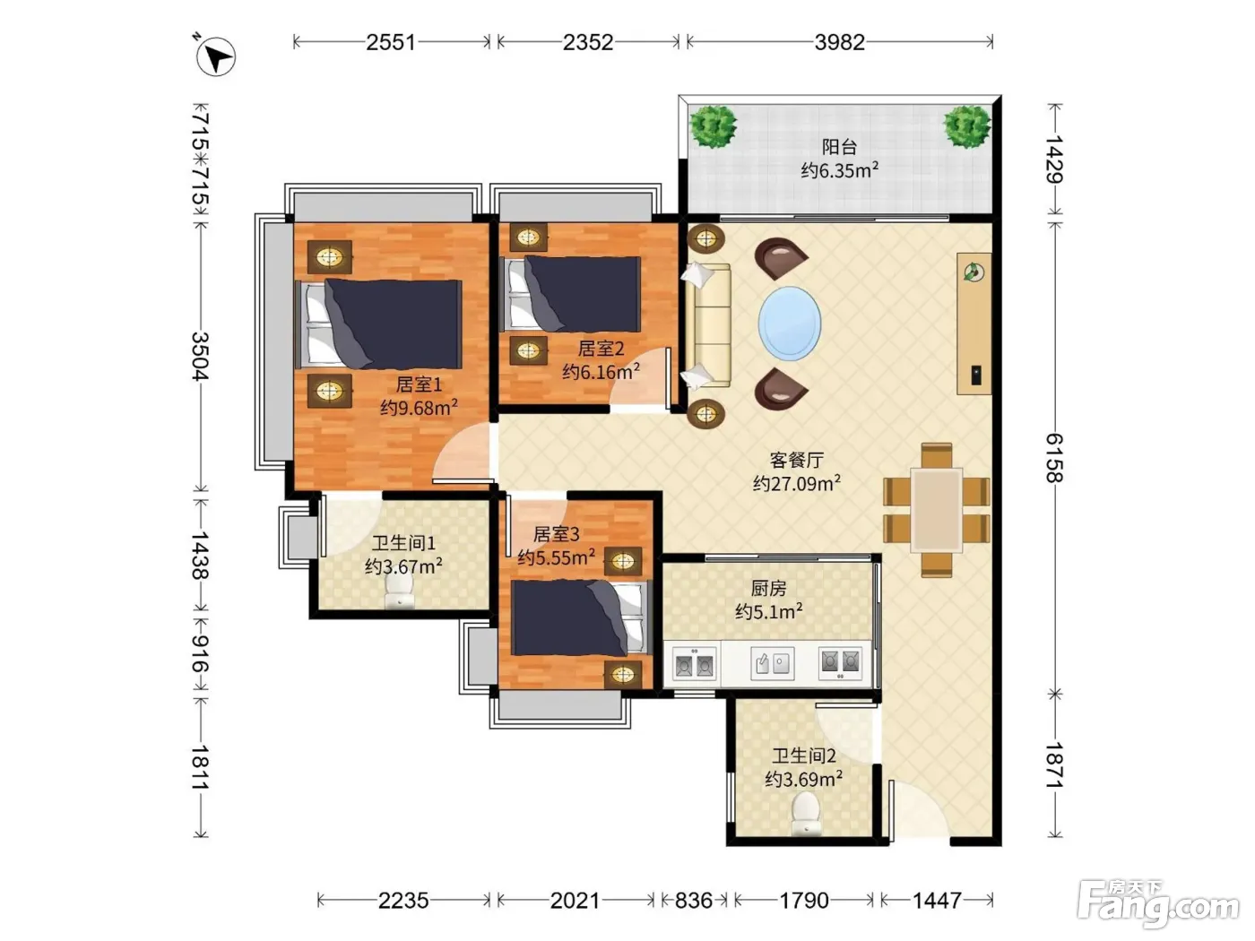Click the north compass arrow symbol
coord(215,56)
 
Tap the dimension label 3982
coord(839,42)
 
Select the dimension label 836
coord(694,901)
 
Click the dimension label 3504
coord(201,356)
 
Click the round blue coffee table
coord(790,324)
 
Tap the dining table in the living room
coord(936,510)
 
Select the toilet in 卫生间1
coord(399,591)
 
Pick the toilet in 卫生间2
coord(806,815)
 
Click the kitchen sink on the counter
coord(772,663)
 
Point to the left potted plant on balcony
coord(713,127)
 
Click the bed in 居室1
coord(379,324)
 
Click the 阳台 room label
coord(839,147)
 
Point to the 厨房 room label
coord(768,588)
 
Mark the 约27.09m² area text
coord(796,483)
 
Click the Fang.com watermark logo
coord(1159,902)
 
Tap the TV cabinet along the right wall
coord(974,324)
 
